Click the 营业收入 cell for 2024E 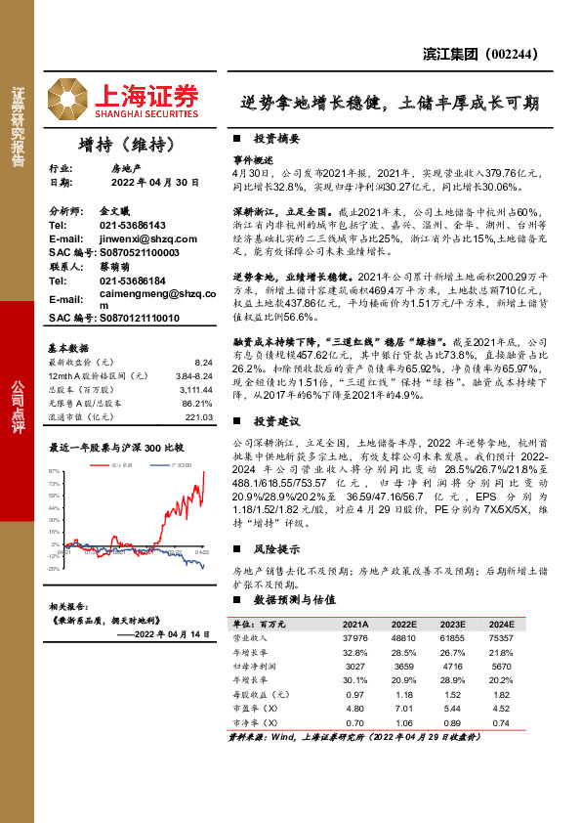[498, 636]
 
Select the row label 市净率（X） [255, 722]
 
